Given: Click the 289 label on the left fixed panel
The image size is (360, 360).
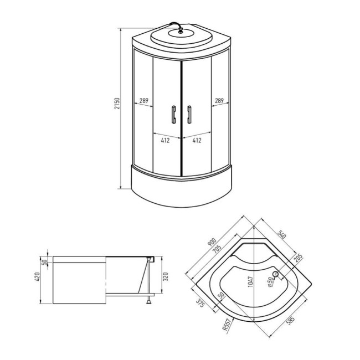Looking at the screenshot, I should click(143, 101).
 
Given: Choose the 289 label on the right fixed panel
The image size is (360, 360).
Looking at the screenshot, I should click(219, 101).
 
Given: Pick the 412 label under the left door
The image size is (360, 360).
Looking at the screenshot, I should click(166, 141).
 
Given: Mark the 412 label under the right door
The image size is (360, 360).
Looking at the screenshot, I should click(196, 141).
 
